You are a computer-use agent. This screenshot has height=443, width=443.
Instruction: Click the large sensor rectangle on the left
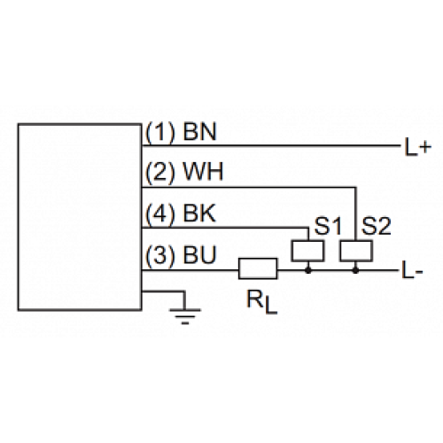point(80,217)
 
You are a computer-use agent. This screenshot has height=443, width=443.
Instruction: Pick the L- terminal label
point(412,269)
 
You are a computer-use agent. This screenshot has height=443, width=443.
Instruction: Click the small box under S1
point(307,251)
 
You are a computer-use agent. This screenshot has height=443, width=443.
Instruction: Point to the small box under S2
point(354,251)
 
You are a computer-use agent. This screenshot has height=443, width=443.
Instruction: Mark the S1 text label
point(329,227)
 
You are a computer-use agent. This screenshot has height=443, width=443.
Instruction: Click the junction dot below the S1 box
point(307,269)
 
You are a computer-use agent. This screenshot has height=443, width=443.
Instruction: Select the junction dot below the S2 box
point(354,269)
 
